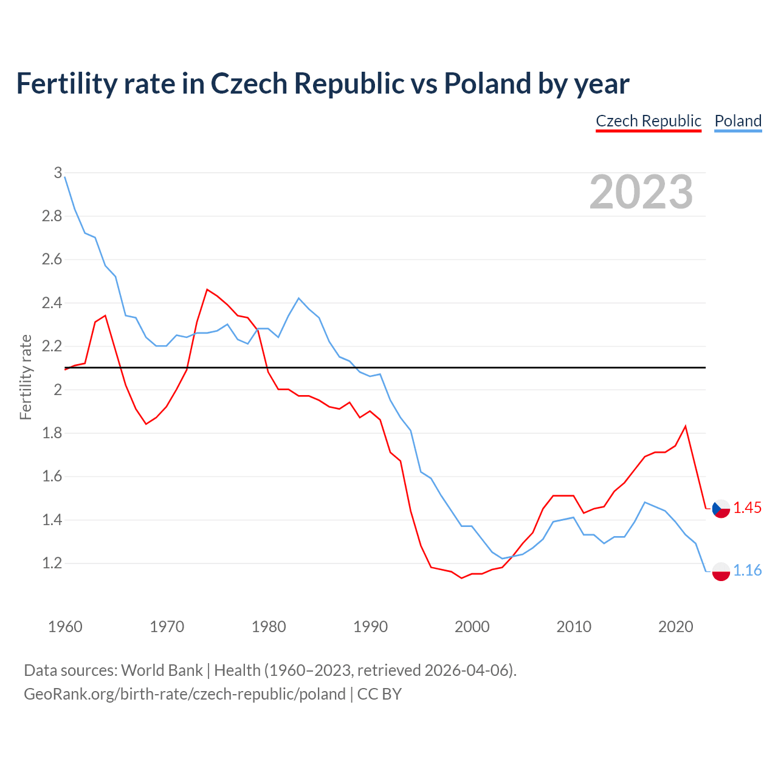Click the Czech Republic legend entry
click(649, 121)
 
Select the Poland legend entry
click(738, 121)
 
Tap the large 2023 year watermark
click(641, 192)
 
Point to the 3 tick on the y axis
click(58, 173)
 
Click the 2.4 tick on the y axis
click(52, 303)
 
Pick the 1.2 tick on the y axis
click(52, 563)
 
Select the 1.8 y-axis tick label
click(52, 433)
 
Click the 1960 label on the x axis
click(65, 627)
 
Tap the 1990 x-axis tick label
click(370, 627)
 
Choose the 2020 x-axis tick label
click(675, 627)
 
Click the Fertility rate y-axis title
click(26, 377)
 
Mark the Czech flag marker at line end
click(721, 508)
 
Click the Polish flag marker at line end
click(721, 571)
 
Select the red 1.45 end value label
click(748, 508)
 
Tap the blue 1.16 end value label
click(748, 571)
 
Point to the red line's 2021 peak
click(686, 426)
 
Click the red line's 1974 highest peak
click(207, 289)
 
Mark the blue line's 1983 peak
click(298, 298)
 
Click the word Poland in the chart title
click(488, 83)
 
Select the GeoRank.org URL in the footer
click(184, 694)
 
